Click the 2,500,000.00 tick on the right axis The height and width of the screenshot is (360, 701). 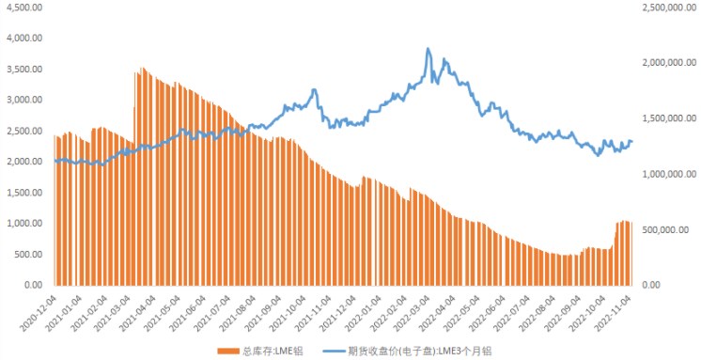tap(669, 8)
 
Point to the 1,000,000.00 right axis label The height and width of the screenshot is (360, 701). tap(669, 174)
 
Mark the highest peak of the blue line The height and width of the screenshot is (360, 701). tap(428, 49)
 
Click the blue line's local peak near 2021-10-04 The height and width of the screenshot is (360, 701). tap(314, 90)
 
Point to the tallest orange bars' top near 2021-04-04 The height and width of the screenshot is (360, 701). tap(142, 68)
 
